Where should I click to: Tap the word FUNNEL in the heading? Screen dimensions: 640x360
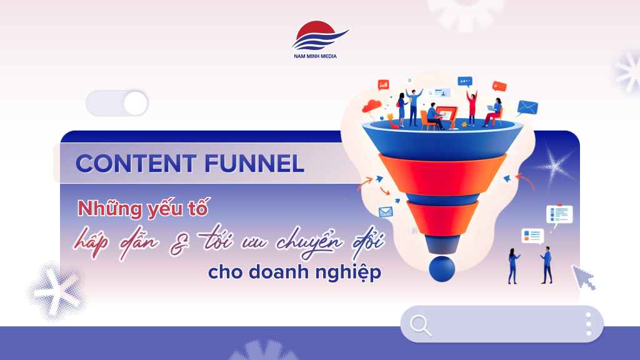[x=254, y=164]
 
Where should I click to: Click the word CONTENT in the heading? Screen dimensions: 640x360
[x=136, y=164]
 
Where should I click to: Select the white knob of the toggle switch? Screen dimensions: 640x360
[x=136, y=103]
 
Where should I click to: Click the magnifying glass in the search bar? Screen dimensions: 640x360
[x=421, y=325]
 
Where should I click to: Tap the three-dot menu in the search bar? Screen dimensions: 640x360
[x=588, y=324]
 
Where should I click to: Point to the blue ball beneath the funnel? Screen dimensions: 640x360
[x=442, y=269]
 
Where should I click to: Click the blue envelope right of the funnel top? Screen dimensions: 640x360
[x=527, y=107]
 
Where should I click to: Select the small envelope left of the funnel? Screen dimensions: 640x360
[x=386, y=212]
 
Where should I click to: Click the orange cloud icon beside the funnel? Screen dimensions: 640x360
[x=371, y=106]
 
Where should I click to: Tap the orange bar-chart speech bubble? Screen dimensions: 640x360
[x=383, y=84]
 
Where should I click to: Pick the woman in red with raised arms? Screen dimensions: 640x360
[x=472, y=107]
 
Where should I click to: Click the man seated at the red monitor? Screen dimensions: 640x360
[x=434, y=116]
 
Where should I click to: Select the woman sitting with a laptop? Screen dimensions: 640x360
[x=494, y=112]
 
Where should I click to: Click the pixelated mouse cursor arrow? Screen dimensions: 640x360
[x=584, y=277]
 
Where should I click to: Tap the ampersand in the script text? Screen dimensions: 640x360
[x=179, y=244]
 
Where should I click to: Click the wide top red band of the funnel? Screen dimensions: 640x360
[x=442, y=175]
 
